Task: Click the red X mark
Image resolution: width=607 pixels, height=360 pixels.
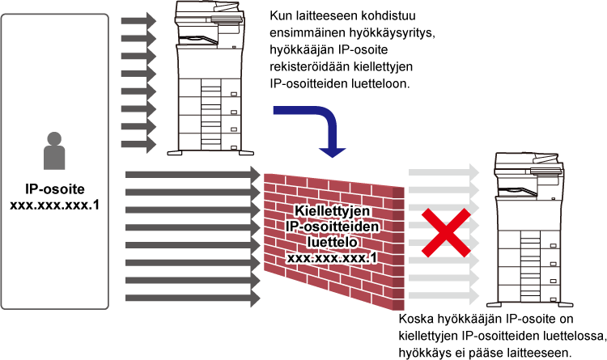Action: click(446, 233)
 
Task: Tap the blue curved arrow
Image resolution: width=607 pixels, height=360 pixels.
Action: click(327, 120)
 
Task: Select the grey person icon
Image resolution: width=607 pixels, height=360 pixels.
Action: click(54, 151)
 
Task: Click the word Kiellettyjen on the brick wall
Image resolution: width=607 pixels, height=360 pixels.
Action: click(332, 211)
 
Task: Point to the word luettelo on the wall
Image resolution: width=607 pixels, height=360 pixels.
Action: click(332, 242)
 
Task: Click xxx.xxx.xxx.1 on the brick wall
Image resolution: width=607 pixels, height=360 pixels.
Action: click(332, 258)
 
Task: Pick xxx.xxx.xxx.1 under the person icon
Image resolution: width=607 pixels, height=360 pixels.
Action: click(54, 205)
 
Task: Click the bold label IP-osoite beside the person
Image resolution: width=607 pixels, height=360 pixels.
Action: click(54, 189)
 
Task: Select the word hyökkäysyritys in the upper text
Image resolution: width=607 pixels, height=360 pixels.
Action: click(393, 33)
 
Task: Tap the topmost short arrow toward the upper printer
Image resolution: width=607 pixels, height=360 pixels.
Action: click(138, 21)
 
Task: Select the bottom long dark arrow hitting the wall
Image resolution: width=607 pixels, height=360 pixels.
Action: click(193, 298)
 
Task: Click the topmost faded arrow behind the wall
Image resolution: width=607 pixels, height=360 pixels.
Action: click(444, 172)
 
